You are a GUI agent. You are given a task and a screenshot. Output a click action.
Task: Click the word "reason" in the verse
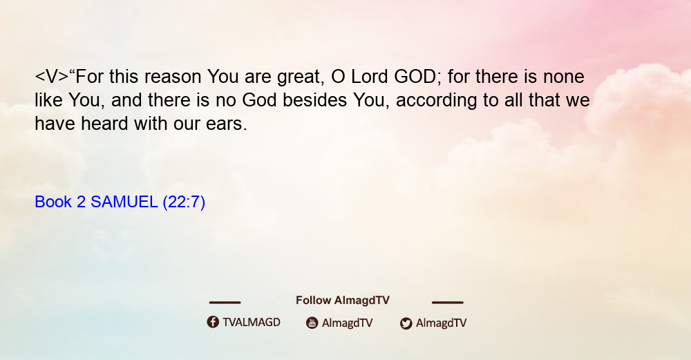coord(173,77)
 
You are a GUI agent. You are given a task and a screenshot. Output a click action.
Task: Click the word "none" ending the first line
coord(564,77)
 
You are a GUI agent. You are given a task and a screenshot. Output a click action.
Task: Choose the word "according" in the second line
coord(436,101)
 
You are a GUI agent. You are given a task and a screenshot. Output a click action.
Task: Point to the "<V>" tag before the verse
coord(52,77)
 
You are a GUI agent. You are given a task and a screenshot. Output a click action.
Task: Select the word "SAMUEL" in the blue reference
coord(124,202)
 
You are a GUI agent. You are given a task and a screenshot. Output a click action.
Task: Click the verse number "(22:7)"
coord(184,202)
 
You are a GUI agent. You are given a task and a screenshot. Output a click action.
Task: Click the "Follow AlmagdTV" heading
coord(343,301)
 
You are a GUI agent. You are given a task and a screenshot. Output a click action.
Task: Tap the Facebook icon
coord(213,322)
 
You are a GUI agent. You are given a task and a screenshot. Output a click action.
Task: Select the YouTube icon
coord(312,323)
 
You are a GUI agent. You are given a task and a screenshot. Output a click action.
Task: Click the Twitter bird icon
coord(406,323)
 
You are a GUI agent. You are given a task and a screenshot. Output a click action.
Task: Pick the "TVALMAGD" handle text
coord(252,323)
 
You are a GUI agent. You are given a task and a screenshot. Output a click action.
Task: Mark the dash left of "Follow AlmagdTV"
coord(225,303)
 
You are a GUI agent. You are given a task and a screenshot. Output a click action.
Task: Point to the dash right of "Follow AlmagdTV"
coord(448,303)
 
